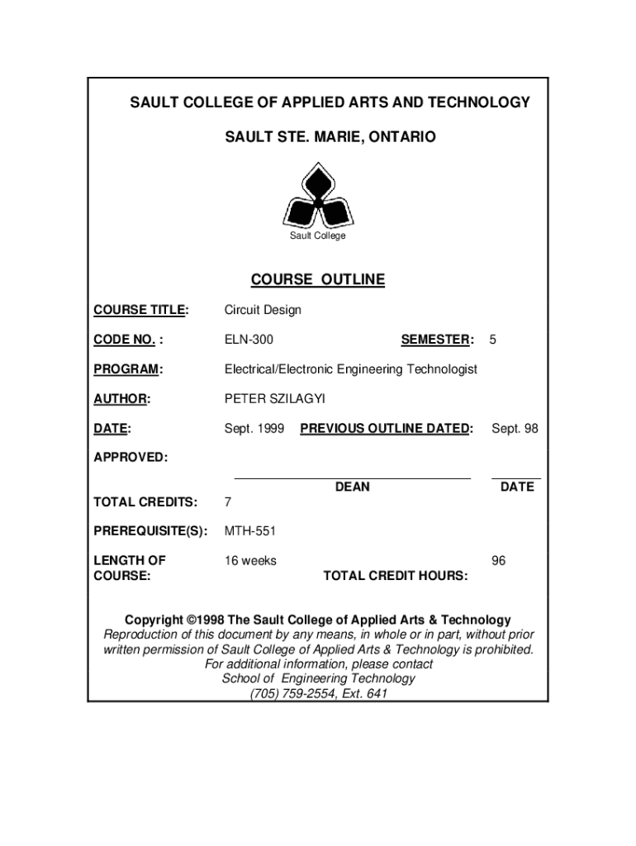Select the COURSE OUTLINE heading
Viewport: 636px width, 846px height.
tap(318, 279)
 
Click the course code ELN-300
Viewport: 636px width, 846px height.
tap(249, 340)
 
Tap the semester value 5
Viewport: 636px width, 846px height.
tap(492, 340)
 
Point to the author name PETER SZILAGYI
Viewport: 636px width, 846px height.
tap(275, 399)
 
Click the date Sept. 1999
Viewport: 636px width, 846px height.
tap(254, 429)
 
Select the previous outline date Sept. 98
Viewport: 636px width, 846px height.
tap(515, 429)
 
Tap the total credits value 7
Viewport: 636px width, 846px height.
tap(228, 501)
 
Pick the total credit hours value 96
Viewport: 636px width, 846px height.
tap(499, 561)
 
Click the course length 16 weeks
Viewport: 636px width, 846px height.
tap(251, 561)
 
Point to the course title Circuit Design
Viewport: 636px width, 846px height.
tap(263, 310)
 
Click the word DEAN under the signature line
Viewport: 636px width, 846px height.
tap(353, 487)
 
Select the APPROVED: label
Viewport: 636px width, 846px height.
tap(131, 457)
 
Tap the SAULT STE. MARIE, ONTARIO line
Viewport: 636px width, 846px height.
tap(330, 136)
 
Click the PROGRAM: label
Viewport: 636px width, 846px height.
tap(128, 369)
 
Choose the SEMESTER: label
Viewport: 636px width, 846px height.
tap(437, 340)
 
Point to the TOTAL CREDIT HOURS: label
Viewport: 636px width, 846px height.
tap(396, 575)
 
